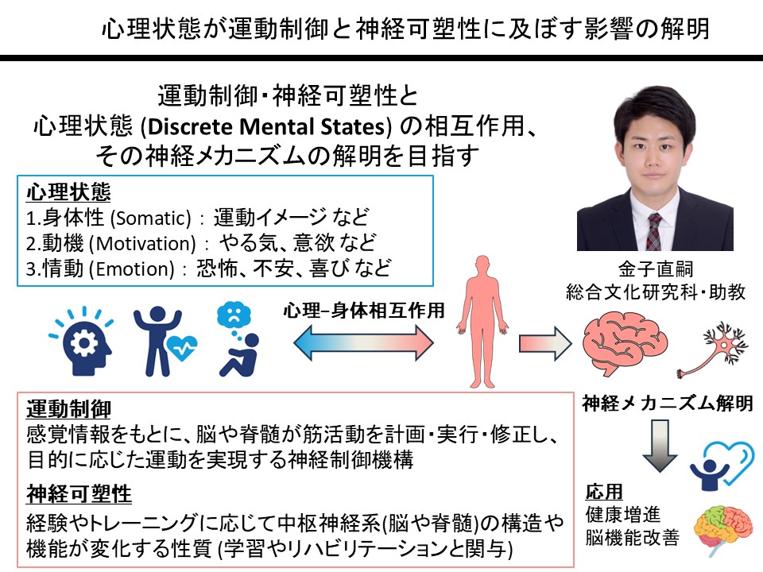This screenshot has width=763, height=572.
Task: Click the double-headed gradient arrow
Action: coord(364,342)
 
